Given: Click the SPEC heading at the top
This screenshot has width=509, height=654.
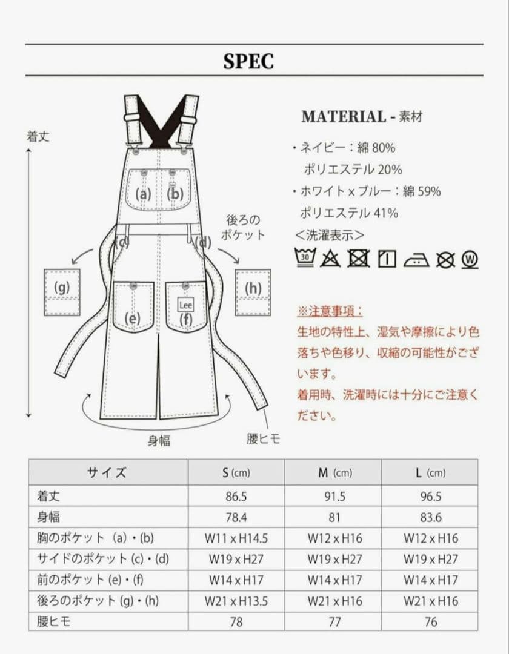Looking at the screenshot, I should point(248,61).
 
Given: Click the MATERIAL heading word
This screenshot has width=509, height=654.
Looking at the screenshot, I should point(343,117).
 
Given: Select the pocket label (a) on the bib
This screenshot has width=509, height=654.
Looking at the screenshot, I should point(143,194).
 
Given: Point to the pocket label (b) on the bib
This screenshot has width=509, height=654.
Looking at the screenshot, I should point(176,194).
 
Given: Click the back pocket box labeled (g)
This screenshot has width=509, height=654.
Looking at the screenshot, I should point(62,292).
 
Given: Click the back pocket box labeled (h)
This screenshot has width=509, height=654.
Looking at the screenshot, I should point(253,292).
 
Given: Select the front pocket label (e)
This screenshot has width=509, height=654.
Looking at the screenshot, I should point(133,318).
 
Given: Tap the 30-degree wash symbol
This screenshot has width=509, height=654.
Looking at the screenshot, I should point(305,258).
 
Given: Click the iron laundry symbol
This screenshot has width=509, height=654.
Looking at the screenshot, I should point(416,259).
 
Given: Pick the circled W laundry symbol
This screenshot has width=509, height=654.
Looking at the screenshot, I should point(470,259).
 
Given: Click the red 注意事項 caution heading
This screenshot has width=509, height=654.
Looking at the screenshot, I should point(330,311).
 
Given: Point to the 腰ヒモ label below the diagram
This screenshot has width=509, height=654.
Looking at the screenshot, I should point(264,439).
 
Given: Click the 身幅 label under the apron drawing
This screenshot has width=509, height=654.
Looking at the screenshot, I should point(159,440).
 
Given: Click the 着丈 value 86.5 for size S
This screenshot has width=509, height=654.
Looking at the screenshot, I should point(236,497).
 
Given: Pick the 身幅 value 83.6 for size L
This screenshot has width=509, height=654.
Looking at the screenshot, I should point(430,518).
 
